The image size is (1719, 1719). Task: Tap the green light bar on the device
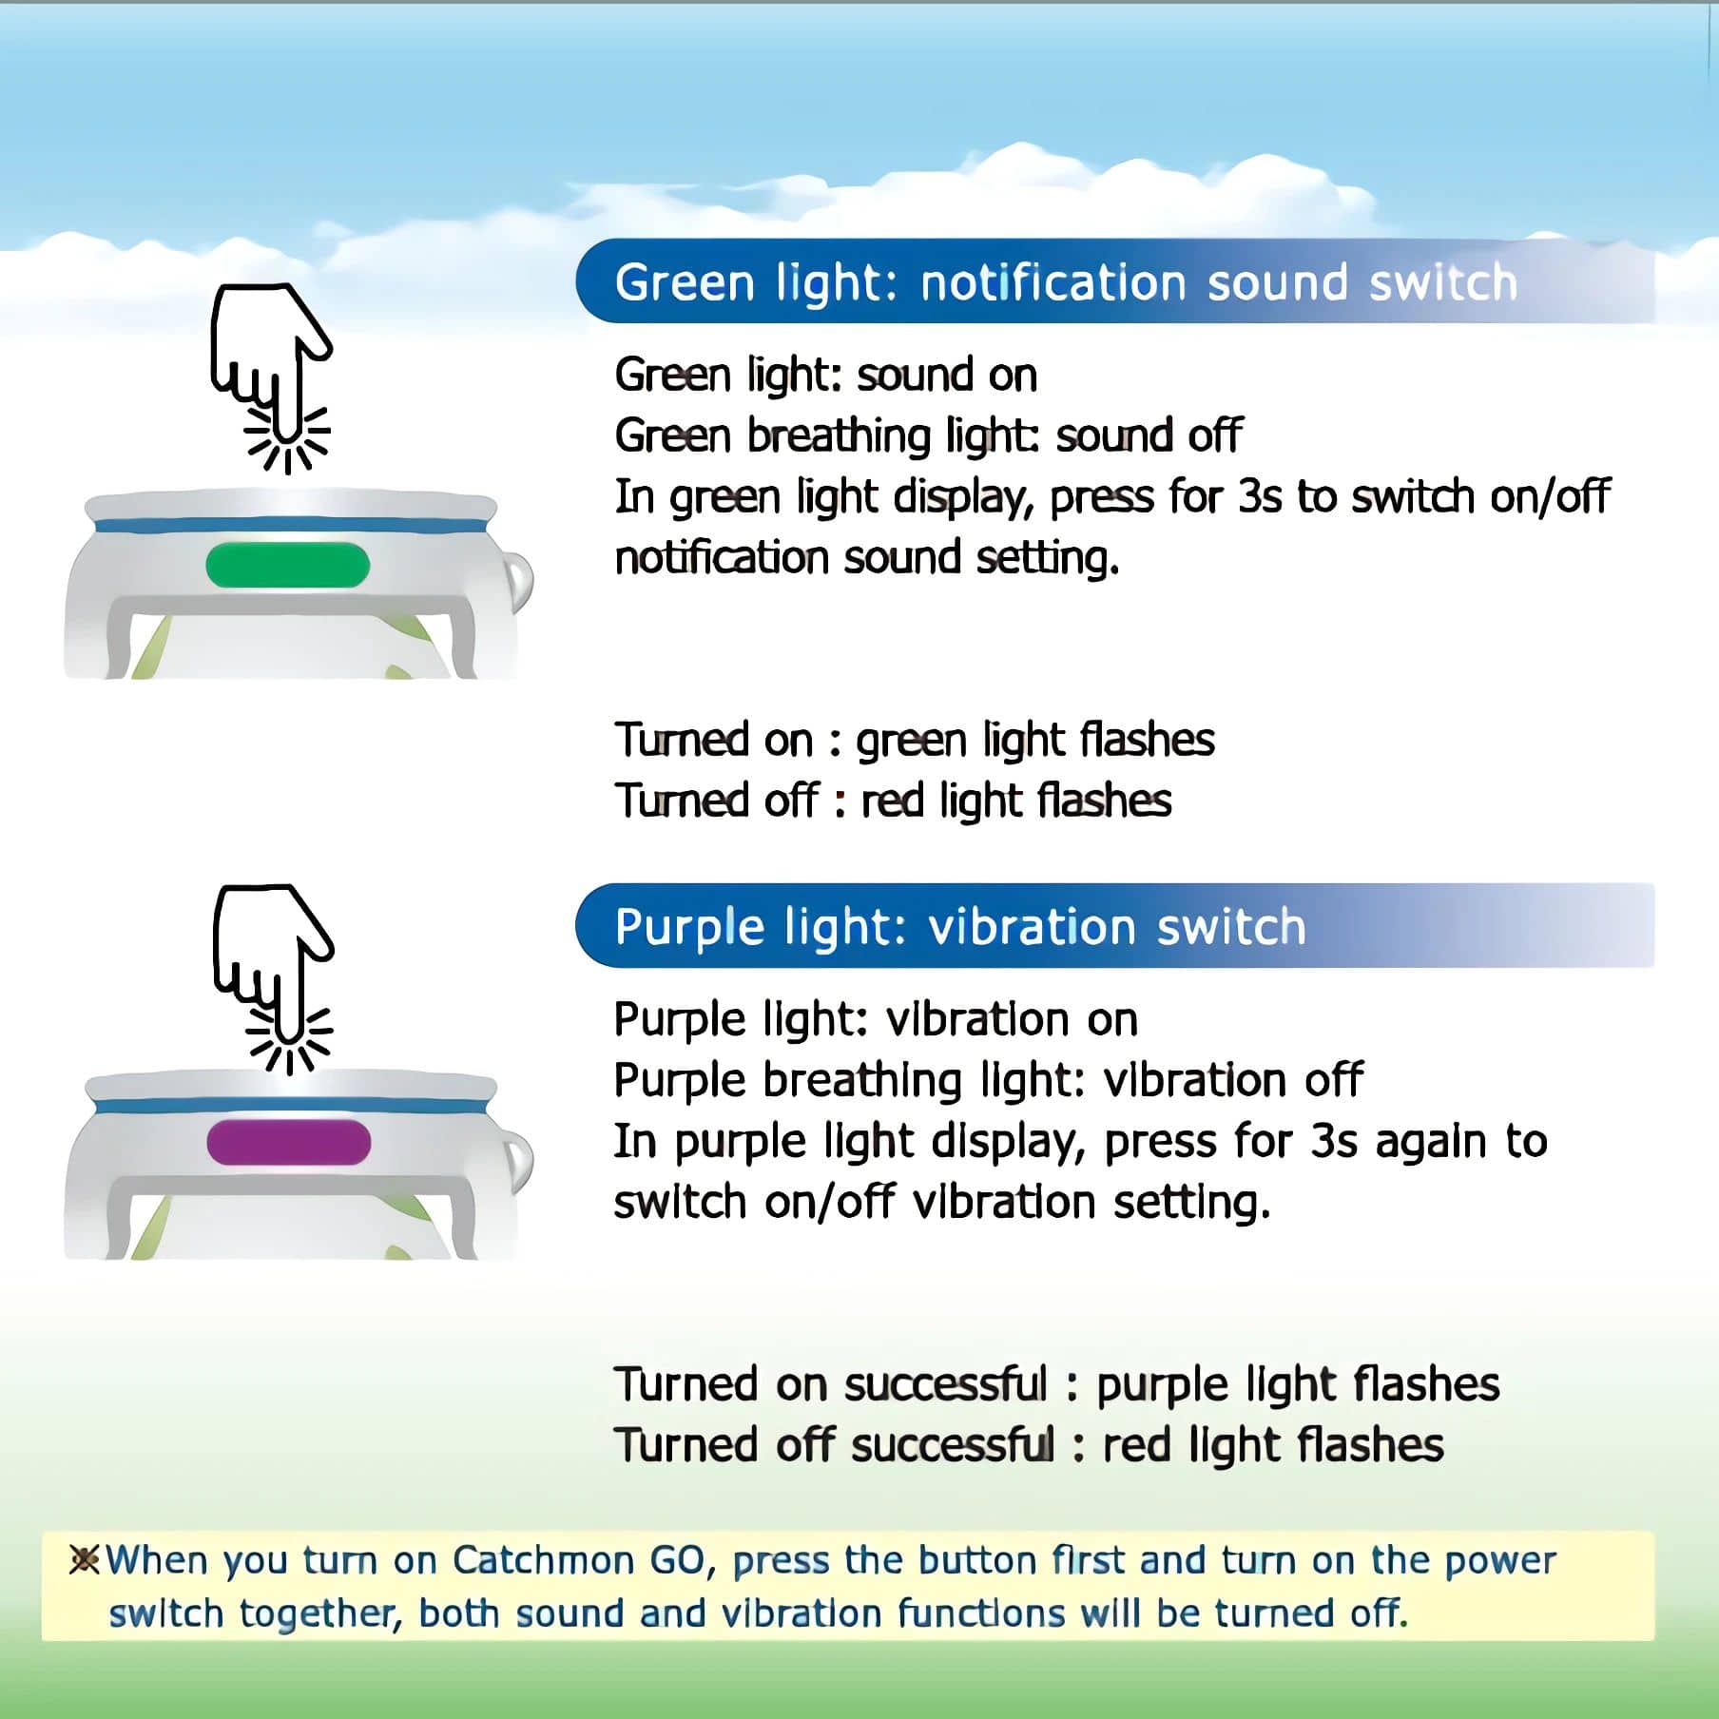point(287,565)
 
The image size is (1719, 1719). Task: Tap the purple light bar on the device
point(288,1142)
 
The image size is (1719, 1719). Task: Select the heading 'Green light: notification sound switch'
point(1066,282)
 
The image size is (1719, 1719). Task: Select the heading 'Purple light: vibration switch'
point(960,927)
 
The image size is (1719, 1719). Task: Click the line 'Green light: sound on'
point(825,376)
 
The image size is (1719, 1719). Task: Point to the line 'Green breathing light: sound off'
point(928,436)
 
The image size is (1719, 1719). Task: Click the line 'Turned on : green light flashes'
point(915,740)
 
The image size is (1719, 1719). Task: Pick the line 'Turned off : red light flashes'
point(893,801)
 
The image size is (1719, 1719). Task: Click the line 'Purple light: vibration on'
point(876,1020)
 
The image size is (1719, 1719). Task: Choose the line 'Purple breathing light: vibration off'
point(989,1081)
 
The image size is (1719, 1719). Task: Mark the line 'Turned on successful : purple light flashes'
point(1057,1385)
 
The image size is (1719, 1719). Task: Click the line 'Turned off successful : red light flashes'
point(1029,1446)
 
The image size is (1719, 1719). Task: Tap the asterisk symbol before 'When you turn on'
point(85,1560)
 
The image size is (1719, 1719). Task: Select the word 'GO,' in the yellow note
point(682,1561)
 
